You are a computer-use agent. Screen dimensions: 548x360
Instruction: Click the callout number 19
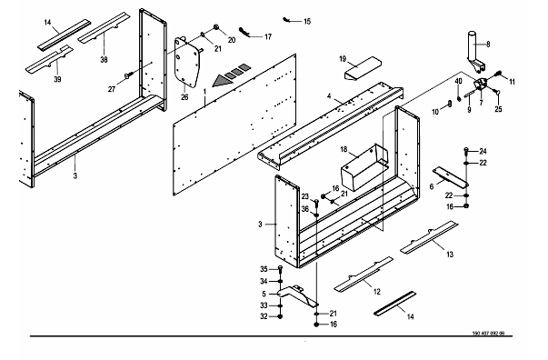coord(343,59)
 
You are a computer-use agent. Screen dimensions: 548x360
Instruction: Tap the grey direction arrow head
coord(223,81)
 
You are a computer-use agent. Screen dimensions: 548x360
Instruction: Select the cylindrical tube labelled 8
coord(474,51)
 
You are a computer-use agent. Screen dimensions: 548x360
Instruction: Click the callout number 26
coord(184,97)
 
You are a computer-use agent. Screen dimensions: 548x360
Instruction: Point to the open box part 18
coord(364,168)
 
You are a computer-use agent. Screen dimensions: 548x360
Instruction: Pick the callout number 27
coord(112,89)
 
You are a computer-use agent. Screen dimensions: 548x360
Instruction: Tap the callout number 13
coord(450,255)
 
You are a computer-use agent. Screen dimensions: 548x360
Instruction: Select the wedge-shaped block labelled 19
coord(363,68)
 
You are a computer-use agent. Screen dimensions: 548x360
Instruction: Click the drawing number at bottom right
coord(488,333)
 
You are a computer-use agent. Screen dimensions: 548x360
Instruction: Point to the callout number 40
coord(458,81)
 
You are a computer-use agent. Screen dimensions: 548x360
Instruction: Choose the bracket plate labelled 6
coord(451,177)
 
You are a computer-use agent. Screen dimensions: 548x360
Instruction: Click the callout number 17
coord(268,36)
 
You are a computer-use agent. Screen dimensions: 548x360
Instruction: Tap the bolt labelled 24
coord(466,151)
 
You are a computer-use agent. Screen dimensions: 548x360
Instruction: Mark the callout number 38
coord(104,60)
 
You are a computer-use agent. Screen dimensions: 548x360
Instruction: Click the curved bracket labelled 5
coord(297,295)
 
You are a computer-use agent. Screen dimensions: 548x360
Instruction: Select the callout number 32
coord(264,316)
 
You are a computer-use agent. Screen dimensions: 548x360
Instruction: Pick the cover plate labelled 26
coord(188,63)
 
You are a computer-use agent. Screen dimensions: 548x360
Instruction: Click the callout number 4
coord(329,96)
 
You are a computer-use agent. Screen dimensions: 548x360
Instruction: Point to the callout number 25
coord(498,109)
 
